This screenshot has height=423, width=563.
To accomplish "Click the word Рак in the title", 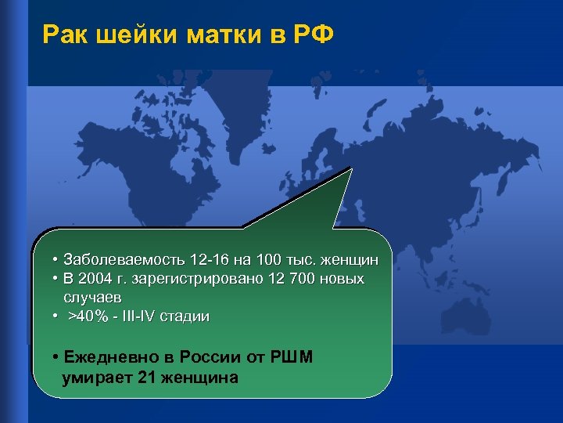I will (x=65, y=34).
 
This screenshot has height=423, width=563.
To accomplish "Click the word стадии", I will (x=185, y=317).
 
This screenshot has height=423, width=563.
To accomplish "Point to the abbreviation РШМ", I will (x=292, y=358).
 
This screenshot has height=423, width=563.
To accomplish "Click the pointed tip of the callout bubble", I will (x=352, y=168).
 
